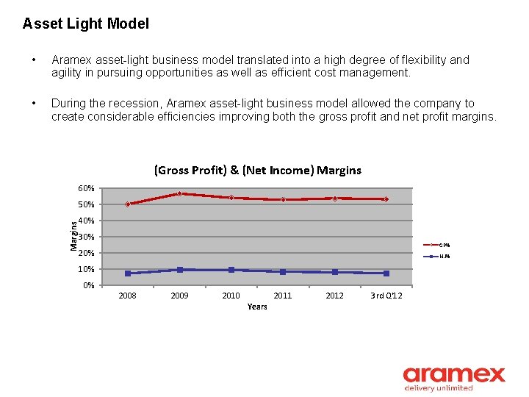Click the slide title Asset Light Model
point(85,24)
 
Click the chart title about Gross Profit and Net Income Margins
point(257,170)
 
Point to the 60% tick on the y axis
point(86,188)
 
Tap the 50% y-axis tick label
point(86,204)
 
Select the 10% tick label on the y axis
point(86,269)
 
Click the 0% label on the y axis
point(88,285)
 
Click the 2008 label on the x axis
point(127,296)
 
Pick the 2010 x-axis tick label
point(231,296)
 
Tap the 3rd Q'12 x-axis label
point(386,296)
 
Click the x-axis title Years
point(257,307)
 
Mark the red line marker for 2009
point(179,193)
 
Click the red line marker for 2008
point(127,204)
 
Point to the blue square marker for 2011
point(283,271)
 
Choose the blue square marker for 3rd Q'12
point(386,273)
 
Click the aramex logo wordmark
point(454,374)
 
